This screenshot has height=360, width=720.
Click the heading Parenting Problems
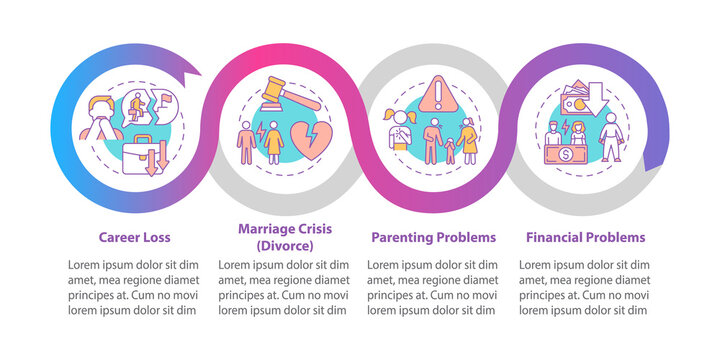coord(433,237)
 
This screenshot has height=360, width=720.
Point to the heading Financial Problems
coord(585,237)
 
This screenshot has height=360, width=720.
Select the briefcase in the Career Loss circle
coord(142,157)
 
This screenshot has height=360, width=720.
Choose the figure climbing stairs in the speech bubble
coord(136,108)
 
